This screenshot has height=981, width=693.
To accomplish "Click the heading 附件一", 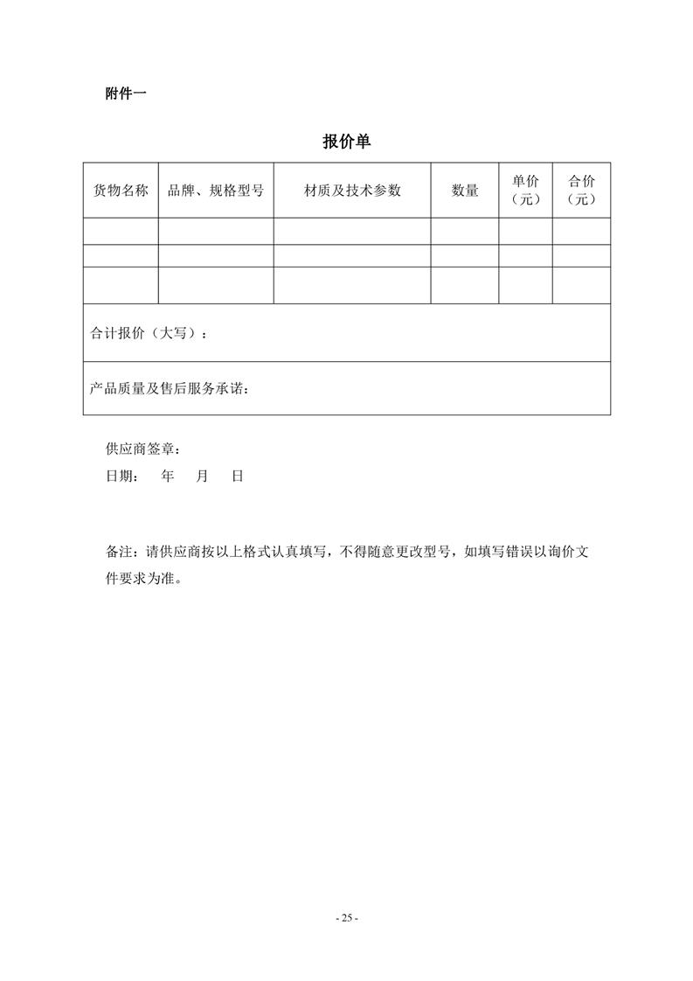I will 125,94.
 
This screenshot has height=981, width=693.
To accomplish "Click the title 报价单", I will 347,142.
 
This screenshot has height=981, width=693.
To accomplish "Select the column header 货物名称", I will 121,191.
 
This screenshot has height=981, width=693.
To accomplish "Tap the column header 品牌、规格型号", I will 216,191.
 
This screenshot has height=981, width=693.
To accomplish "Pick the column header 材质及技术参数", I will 352,191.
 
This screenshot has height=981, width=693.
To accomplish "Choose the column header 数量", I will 465,191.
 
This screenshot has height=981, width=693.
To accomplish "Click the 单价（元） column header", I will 525,190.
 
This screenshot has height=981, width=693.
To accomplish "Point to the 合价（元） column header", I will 581,190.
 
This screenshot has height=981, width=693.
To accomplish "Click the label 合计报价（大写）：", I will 150,334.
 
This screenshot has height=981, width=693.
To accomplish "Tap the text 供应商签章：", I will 143,449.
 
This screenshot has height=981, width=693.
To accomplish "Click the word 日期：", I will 121,477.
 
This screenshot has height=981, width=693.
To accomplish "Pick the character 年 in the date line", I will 169,477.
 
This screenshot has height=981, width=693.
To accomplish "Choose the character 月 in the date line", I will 203,477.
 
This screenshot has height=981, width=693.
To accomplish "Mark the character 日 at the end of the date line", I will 237,477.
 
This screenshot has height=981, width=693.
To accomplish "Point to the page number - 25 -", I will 347,918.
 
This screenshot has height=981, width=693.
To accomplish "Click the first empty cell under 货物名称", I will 121,231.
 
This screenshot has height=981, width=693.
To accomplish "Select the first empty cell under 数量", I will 465,231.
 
